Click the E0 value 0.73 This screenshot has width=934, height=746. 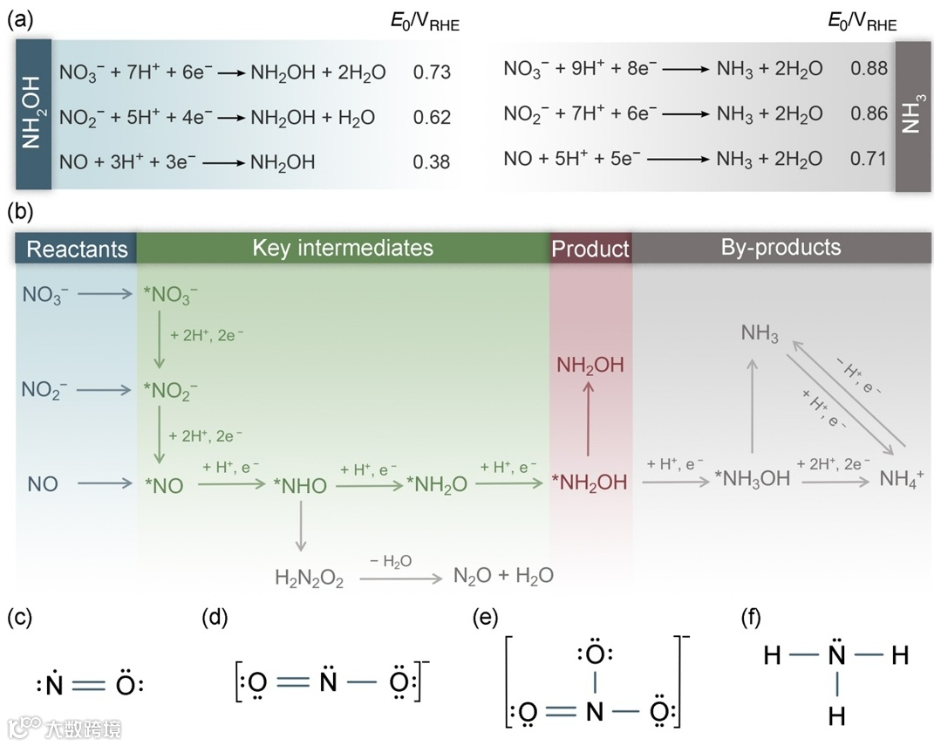coord(432,72)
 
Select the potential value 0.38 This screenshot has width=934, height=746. coord(432,161)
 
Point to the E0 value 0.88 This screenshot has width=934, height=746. coord(868,68)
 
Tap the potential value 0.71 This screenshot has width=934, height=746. coord(868,158)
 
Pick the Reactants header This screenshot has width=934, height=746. coord(77,249)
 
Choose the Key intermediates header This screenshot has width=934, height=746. coord(343,248)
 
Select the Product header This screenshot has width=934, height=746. coord(590,249)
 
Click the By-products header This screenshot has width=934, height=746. coord(781,248)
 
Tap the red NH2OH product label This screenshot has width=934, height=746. coord(590,365)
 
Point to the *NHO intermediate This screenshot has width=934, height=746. coord(299,485)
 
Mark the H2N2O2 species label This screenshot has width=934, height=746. coord(310,577)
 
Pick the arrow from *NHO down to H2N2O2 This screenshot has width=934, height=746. coord(300,528)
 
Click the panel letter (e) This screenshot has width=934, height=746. coord(485,619)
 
